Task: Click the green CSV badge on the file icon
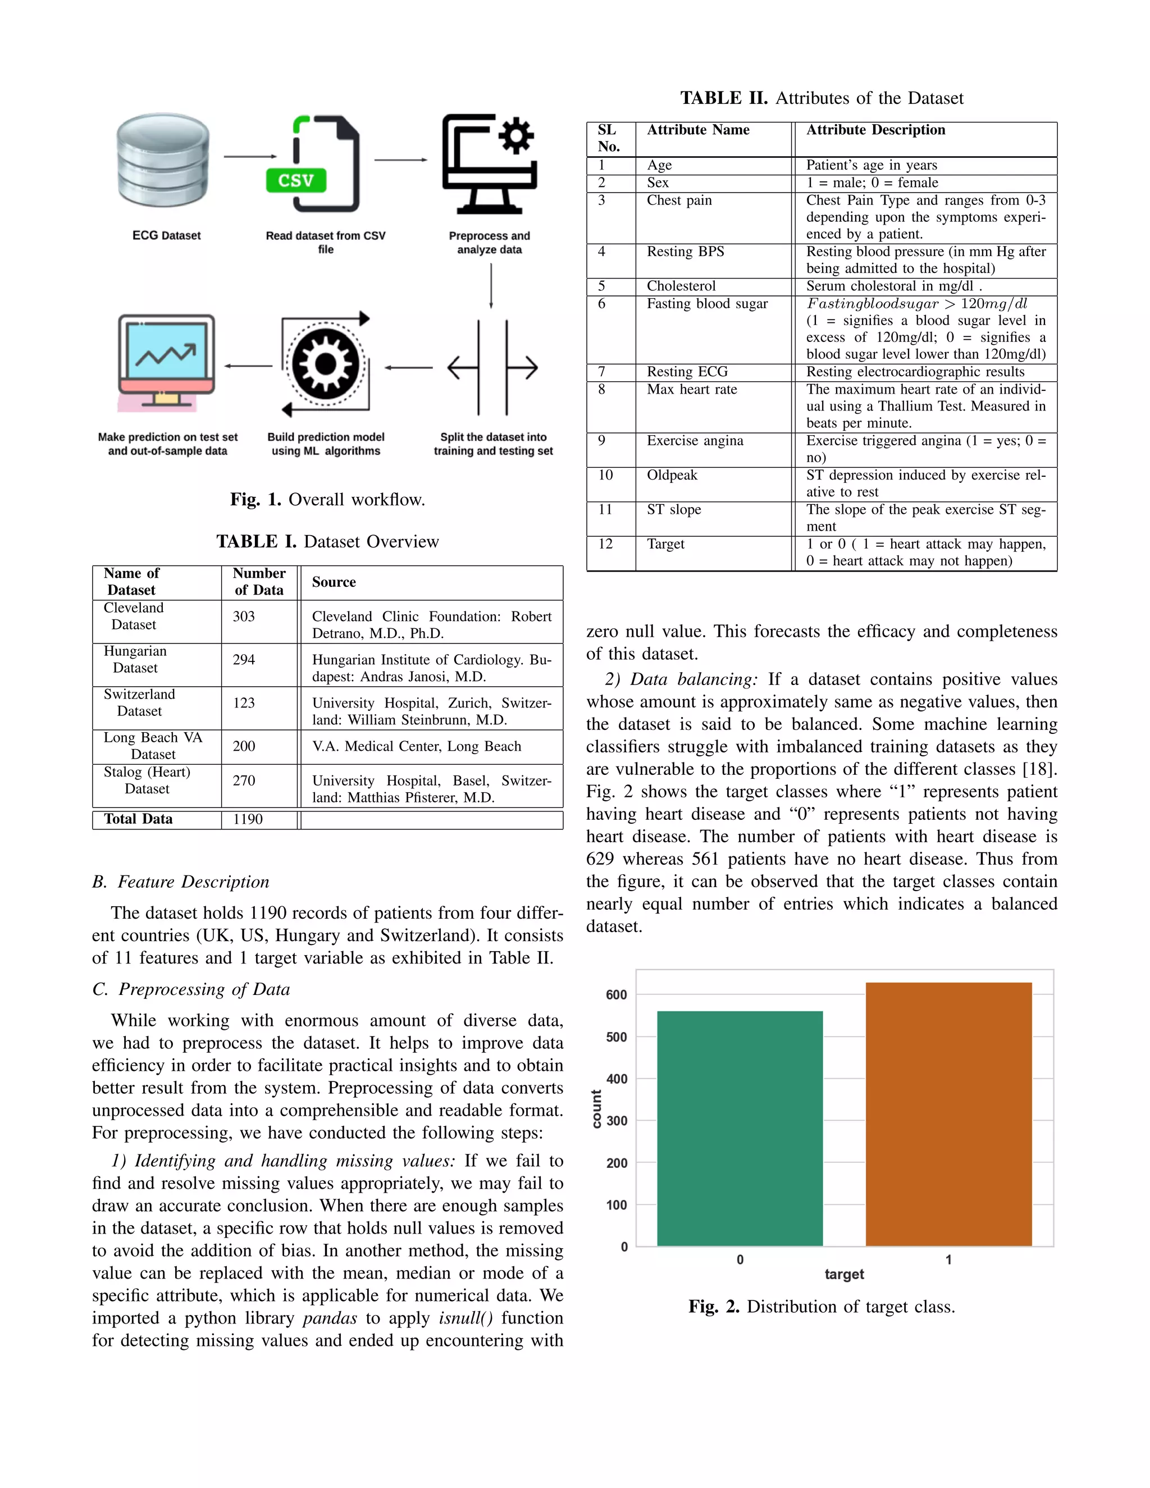(x=296, y=181)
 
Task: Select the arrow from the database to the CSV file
(x=250, y=157)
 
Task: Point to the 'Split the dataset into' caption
(x=492, y=437)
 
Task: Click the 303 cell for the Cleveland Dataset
(x=244, y=617)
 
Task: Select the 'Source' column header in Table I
(x=334, y=582)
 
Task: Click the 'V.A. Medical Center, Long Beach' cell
(x=416, y=746)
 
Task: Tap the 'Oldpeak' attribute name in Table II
(x=672, y=475)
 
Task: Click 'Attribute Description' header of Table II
(x=875, y=130)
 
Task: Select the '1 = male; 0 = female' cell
(x=872, y=182)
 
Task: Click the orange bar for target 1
(x=948, y=1114)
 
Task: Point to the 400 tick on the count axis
(x=617, y=1079)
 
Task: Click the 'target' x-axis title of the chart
(x=844, y=1274)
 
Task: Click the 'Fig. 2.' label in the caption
(x=713, y=1307)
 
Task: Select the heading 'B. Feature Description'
(x=181, y=882)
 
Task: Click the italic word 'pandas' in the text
(x=330, y=1318)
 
